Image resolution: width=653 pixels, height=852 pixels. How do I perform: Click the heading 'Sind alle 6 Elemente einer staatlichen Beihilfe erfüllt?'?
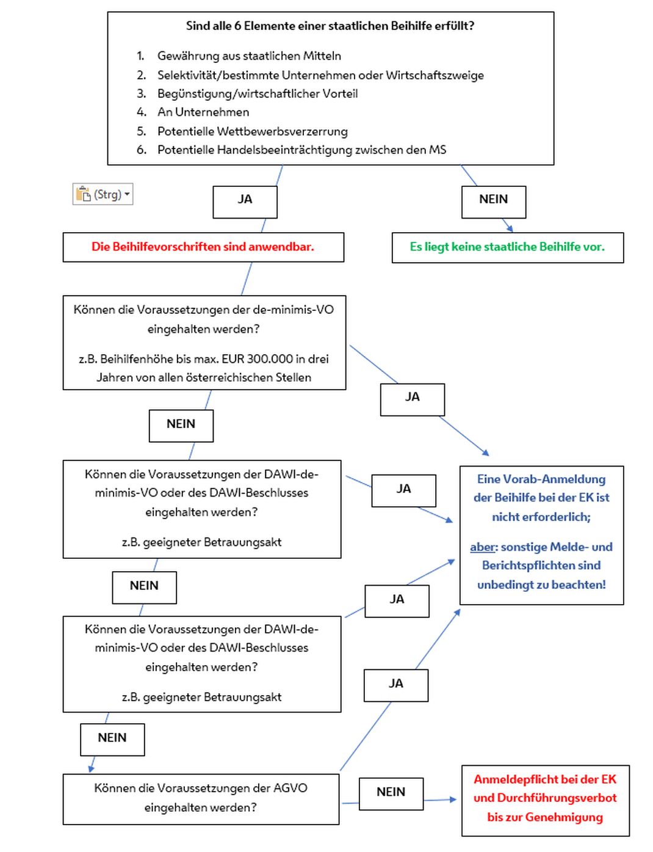tap(330, 26)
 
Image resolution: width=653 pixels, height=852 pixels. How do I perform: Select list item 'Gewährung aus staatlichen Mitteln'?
tap(248, 56)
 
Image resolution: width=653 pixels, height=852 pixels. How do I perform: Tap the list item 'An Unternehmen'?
tap(203, 112)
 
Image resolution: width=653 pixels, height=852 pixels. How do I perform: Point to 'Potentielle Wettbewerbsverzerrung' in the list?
tap(252, 131)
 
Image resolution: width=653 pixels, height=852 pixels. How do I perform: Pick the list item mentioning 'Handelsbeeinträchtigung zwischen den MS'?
tap(301, 150)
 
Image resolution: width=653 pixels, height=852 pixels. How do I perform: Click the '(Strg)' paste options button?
tap(103, 194)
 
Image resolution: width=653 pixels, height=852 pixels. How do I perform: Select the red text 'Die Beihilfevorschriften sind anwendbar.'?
tap(203, 247)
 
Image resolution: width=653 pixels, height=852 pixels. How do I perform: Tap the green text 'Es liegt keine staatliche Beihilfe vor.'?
tap(507, 247)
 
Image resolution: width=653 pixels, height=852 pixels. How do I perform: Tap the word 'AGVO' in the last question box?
tap(290, 788)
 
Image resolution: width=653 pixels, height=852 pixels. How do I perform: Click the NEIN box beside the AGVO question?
tap(391, 793)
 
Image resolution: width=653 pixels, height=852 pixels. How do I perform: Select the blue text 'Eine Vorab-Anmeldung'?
tap(541, 479)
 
